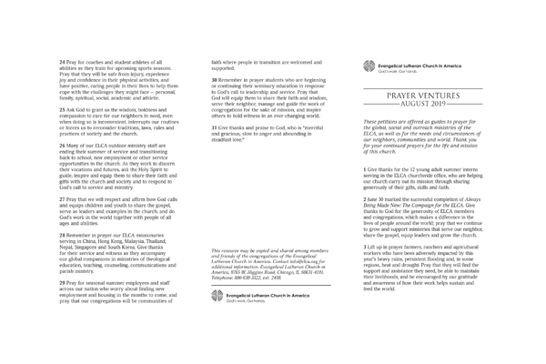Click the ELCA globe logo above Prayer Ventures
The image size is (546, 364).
click(x=369, y=64)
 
